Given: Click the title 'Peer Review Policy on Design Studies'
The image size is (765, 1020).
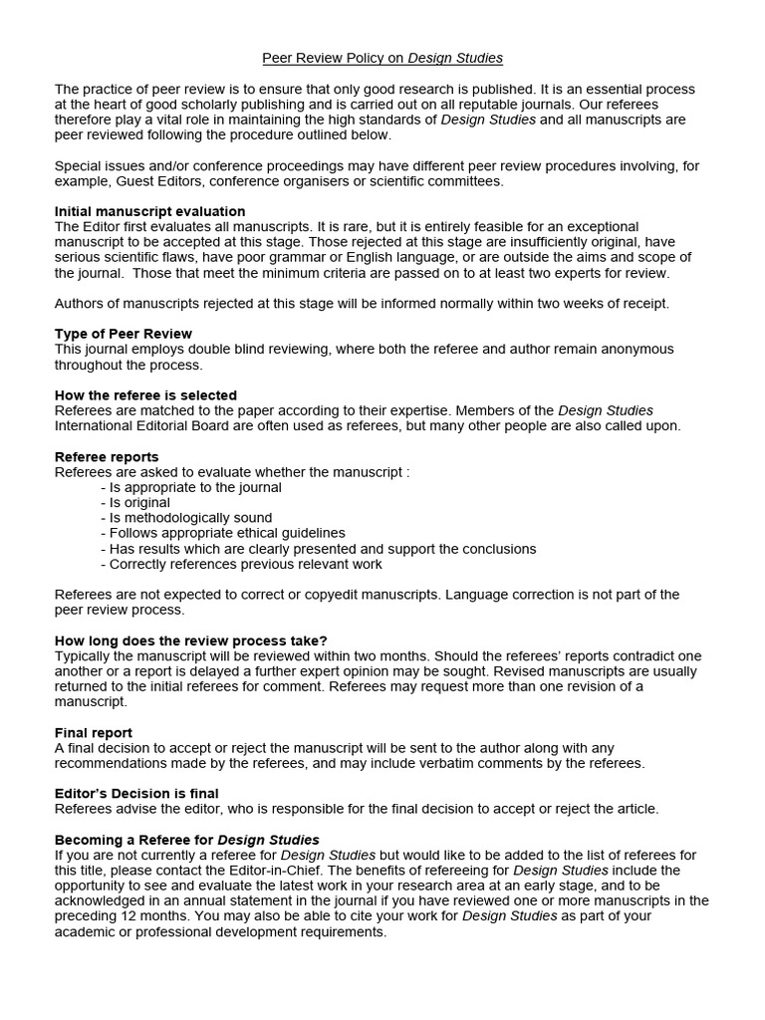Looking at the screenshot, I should pyautogui.click(x=382, y=59).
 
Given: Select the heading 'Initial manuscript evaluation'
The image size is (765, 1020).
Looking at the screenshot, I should pyautogui.click(x=149, y=211).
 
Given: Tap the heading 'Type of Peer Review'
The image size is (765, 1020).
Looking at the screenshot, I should pyautogui.click(x=123, y=334).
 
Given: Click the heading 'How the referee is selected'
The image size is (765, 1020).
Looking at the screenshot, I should pyautogui.click(x=145, y=395).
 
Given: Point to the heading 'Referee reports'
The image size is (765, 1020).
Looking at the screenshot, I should pyautogui.click(x=107, y=457).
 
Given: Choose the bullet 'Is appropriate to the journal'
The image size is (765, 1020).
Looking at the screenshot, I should pyautogui.click(x=192, y=487).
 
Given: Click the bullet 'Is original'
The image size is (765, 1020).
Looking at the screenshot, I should pyautogui.click(x=136, y=503).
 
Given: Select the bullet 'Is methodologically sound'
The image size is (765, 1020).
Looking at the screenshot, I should pyautogui.click(x=187, y=518).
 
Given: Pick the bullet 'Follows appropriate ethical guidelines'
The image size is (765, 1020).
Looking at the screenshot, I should pyautogui.click(x=224, y=533).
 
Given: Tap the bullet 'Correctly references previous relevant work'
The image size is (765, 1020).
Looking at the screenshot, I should pyautogui.click(x=242, y=564).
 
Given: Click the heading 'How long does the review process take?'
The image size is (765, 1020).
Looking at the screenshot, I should pyautogui.click(x=190, y=640).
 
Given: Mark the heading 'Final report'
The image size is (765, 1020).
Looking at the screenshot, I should pyautogui.click(x=94, y=732).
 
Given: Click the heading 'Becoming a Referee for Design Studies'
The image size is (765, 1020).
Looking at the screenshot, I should pyautogui.click(x=186, y=840).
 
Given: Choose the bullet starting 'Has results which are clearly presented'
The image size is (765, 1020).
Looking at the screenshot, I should pyautogui.click(x=320, y=549).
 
